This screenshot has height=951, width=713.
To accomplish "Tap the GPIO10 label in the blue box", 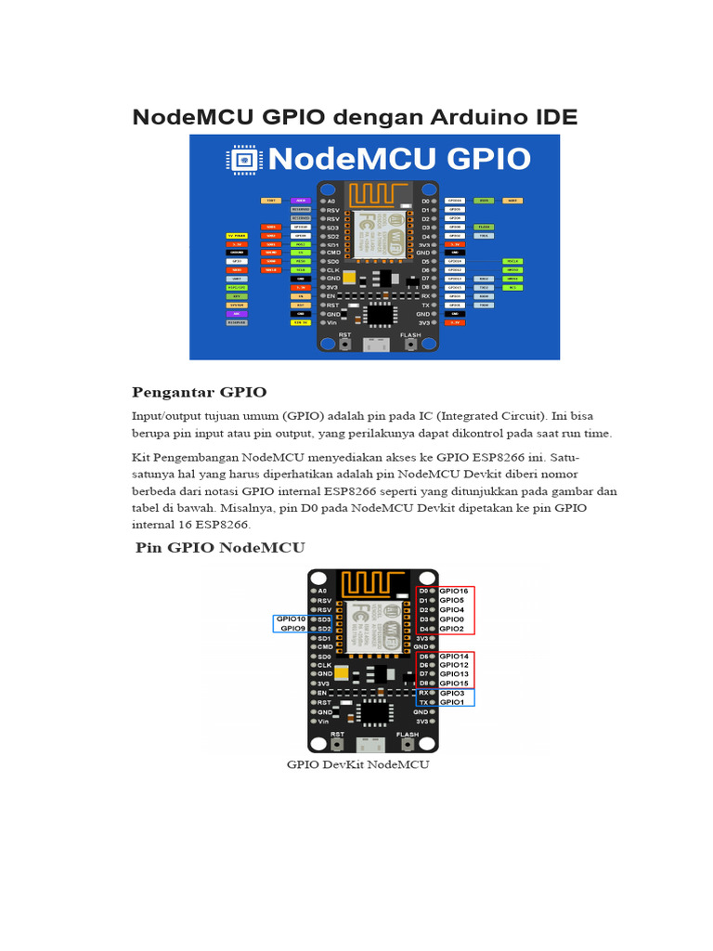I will (x=291, y=619).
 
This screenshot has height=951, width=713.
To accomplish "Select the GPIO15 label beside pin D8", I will (x=453, y=684).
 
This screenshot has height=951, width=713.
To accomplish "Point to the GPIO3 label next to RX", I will (x=451, y=693).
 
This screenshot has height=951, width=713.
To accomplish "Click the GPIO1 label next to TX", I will (x=451, y=702).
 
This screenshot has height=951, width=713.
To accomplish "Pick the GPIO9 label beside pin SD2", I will (x=292, y=629).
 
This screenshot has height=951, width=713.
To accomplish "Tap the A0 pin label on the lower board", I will (x=321, y=591).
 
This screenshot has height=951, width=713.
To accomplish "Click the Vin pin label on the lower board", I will (x=322, y=721).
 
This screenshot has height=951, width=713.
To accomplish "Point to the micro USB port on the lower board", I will (x=372, y=745).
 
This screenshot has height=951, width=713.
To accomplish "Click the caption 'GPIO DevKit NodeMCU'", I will (x=358, y=765).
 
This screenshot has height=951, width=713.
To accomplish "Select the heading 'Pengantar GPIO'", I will (x=199, y=392).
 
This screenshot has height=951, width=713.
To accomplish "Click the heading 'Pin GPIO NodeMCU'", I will (x=220, y=547).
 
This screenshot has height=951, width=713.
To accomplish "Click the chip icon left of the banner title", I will (x=243, y=160).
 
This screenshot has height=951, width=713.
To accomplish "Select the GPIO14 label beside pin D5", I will (x=453, y=656).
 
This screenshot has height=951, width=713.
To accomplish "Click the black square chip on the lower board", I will (x=375, y=711).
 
